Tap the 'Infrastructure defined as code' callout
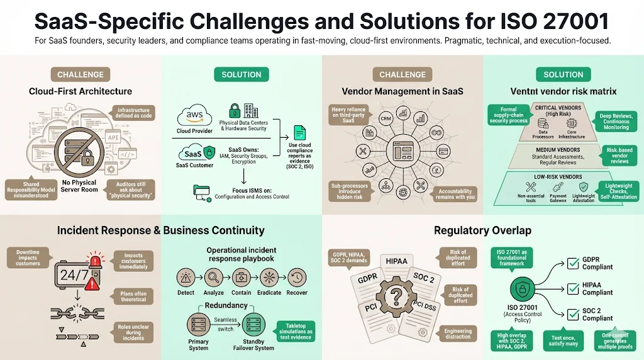pos(133,113)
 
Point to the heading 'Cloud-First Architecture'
pos(80,91)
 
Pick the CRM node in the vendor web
pos(386,118)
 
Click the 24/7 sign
pos(73,274)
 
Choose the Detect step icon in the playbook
pos(186,278)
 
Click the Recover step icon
pos(297,278)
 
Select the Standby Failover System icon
pos(255,325)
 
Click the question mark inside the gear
pos(395,296)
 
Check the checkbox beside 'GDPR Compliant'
pos(573,262)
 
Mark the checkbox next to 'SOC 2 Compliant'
pos(573,314)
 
